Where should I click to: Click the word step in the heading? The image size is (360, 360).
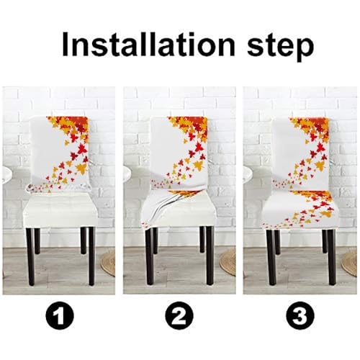(271, 45)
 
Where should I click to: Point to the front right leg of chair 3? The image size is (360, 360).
(331, 257)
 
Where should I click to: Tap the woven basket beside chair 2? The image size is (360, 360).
(229, 261)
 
